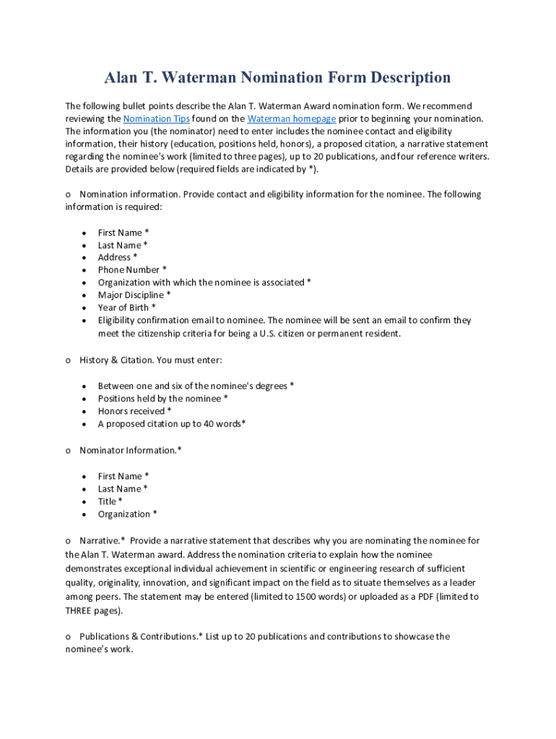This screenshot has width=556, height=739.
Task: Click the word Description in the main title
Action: click(x=404, y=78)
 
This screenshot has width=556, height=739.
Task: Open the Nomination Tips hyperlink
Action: click(x=157, y=118)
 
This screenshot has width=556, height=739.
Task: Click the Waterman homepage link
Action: click(x=291, y=118)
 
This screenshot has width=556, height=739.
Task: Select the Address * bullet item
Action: click(x=118, y=258)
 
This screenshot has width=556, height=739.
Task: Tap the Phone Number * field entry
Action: click(x=132, y=270)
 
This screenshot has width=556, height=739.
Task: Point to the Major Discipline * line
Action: click(x=134, y=295)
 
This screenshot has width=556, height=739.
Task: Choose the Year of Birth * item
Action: click(x=127, y=307)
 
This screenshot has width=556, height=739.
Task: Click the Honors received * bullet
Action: click(x=134, y=411)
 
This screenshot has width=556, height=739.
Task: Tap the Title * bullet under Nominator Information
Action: click(x=110, y=502)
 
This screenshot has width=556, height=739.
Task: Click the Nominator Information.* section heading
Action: click(x=130, y=450)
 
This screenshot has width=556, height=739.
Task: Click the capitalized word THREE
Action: click(x=78, y=611)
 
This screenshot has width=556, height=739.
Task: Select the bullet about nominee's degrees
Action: click(x=196, y=386)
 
